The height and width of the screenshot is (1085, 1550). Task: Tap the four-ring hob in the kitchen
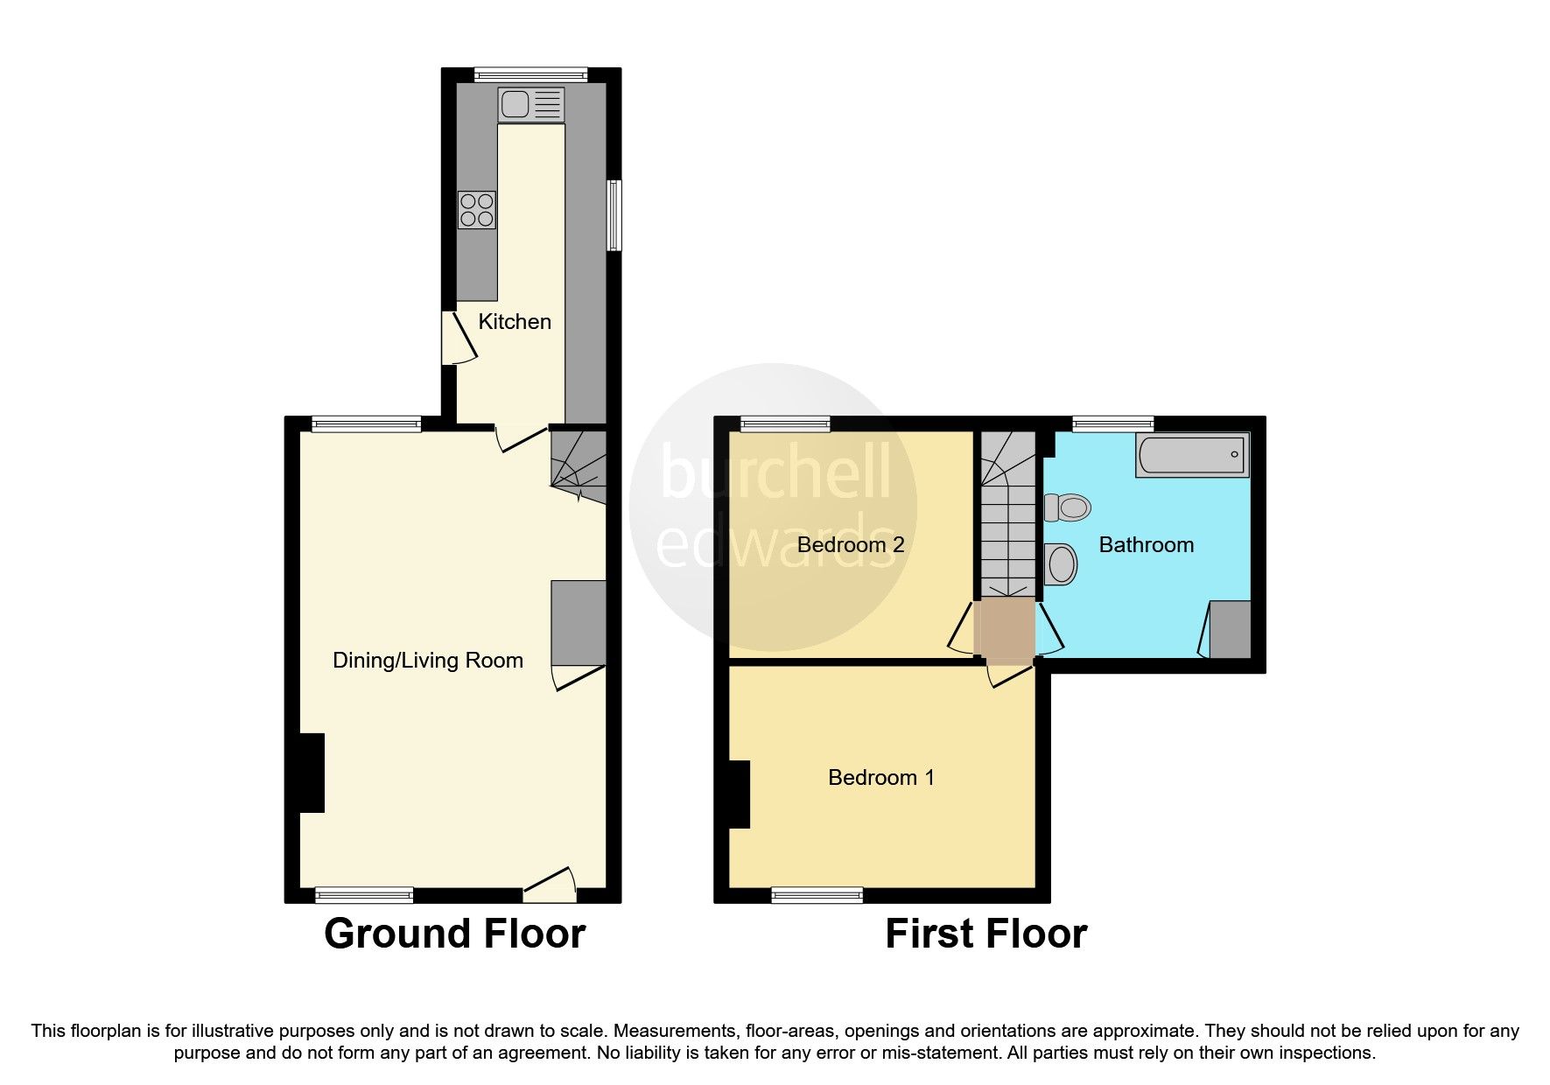[477, 210]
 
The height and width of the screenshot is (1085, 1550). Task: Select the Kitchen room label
[515, 322]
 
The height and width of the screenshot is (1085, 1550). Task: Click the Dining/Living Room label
[428, 661]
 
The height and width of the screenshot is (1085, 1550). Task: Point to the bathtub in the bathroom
[1192, 454]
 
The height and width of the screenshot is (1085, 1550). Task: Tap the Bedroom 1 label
[880, 777]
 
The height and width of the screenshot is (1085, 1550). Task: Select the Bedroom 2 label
[850, 545]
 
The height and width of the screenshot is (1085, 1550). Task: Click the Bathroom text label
[1146, 545]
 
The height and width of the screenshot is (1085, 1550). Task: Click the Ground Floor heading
[454, 934]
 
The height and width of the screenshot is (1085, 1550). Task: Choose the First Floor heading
[985, 934]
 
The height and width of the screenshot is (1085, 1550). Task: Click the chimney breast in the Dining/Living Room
[312, 773]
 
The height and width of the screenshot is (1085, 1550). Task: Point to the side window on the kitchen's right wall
[615, 215]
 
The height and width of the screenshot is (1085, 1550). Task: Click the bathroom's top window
[1113, 424]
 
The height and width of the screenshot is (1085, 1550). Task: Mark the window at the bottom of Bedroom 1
[817, 894]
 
